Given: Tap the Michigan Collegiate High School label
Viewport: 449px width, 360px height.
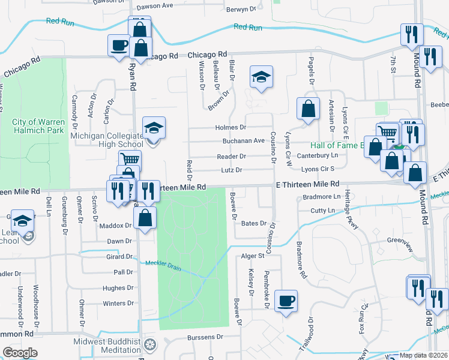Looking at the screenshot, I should pyautogui.click(x=107, y=140).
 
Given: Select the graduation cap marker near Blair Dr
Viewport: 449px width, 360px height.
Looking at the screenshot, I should pyautogui.click(x=261, y=77).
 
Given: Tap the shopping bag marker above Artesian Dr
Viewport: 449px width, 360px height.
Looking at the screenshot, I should pyautogui.click(x=308, y=109).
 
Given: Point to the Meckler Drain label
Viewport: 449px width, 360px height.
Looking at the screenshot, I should pyautogui.click(x=163, y=263).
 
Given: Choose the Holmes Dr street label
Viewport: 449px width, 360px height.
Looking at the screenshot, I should pyautogui.click(x=231, y=127).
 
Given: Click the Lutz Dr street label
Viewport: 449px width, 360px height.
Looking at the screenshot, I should pyautogui.click(x=231, y=170).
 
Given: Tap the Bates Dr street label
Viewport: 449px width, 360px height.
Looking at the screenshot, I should pyautogui.click(x=253, y=223).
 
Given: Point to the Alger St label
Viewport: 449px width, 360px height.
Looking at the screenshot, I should pyautogui.click(x=253, y=256).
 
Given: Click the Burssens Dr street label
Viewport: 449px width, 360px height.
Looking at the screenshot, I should pyautogui.click(x=205, y=337).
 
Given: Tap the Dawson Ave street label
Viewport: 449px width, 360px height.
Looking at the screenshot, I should pyautogui.click(x=154, y=6).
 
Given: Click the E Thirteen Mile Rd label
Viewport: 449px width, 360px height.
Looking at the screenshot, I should pyautogui.click(x=307, y=184).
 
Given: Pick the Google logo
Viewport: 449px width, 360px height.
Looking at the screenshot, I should pyautogui.click(x=20, y=353).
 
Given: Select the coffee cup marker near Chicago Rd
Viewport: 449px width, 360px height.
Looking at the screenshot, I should pyautogui.click(x=119, y=44).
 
